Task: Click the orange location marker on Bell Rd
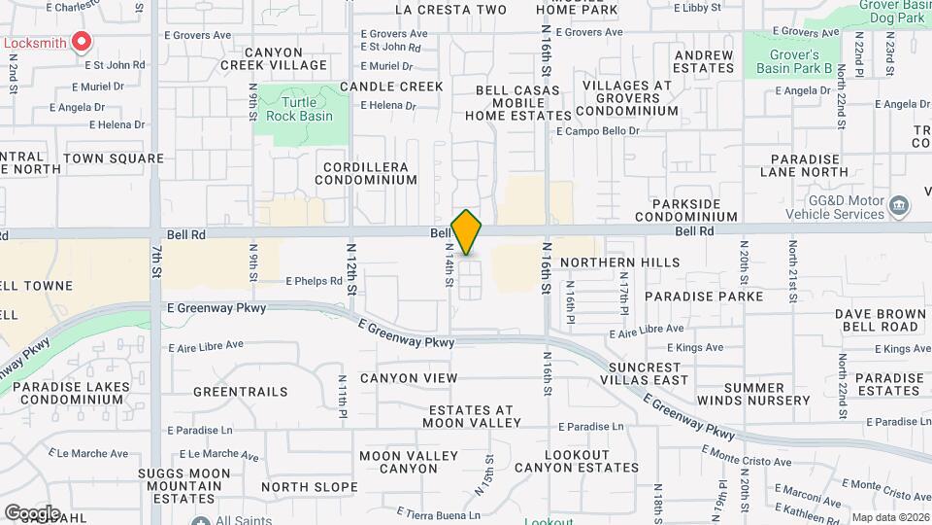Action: (x=467, y=232)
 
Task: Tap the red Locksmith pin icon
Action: (x=82, y=43)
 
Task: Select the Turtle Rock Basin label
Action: (x=307, y=109)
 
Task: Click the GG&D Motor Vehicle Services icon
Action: (x=899, y=205)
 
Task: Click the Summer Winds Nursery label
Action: (x=766, y=394)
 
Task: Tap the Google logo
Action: (x=31, y=512)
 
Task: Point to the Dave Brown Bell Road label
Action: (x=880, y=320)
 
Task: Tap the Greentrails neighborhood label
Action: (x=240, y=392)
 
